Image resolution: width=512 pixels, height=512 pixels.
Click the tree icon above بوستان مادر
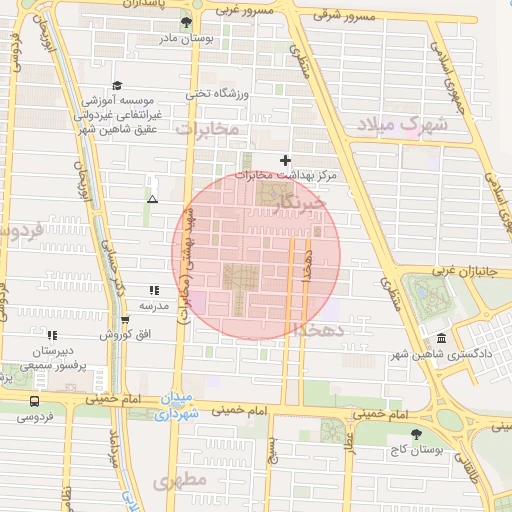click(186, 23)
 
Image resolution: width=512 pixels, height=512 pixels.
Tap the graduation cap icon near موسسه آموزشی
click(117, 86)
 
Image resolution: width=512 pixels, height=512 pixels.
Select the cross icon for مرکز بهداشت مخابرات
click(286, 160)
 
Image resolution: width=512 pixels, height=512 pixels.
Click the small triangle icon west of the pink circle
click(152, 199)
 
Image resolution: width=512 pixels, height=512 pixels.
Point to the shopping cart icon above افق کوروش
click(124, 320)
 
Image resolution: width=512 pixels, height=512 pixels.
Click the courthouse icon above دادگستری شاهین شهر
click(442, 340)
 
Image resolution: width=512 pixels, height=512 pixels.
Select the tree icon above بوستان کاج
click(416, 434)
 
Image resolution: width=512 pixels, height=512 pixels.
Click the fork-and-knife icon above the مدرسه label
click(152, 290)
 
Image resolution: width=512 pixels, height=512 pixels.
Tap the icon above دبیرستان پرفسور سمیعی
click(51, 335)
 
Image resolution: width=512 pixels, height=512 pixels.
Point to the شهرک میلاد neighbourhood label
click(406, 125)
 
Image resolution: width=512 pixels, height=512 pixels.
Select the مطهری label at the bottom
click(180, 480)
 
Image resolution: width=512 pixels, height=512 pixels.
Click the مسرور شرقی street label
click(344, 16)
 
